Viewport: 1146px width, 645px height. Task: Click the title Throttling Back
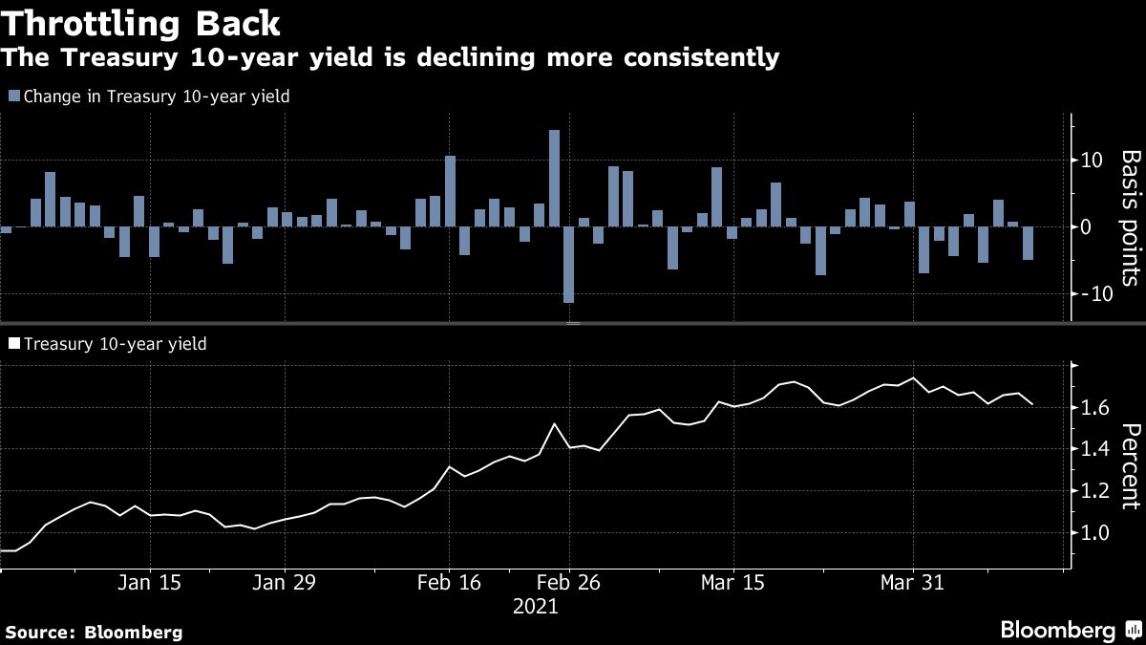pos(140,23)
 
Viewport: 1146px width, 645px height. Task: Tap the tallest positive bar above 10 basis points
pos(554,178)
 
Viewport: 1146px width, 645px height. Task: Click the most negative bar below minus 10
pos(569,265)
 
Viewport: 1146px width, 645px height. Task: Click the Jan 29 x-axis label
pos(285,583)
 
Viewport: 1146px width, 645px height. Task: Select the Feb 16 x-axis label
pos(449,583)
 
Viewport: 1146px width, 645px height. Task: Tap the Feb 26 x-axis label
pos(569,583)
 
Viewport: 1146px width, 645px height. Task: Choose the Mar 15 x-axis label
pos(732,583)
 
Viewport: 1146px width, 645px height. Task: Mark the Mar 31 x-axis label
pos(912,583)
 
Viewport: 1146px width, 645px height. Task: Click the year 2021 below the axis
pos(535,607)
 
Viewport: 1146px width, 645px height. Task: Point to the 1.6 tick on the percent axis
pos(1094,408)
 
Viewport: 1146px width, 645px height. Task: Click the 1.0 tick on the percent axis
pos(1094,533)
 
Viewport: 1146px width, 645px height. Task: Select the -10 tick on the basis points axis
pos(1091,293)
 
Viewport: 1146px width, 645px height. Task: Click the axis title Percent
pos(1130,466)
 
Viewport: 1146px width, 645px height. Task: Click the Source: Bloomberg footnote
pos(94,632)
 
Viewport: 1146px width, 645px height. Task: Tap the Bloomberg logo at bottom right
pos(1069,630)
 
